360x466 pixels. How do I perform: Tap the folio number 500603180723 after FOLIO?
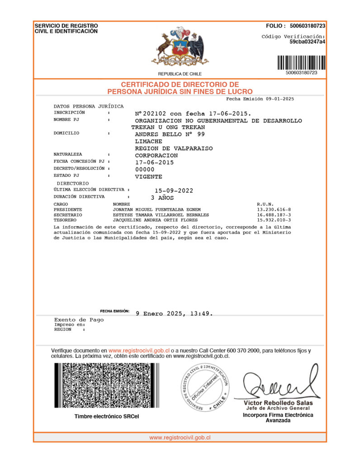click(x=308, y=26)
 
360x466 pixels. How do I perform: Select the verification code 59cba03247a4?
click(x=308, y=42)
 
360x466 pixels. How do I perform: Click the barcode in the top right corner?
click(x=301, y=62)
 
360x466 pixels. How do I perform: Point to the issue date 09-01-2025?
click(x=280, y=99)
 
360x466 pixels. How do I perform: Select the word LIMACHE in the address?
click(x=149, y=141)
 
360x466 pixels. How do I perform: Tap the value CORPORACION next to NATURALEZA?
click(x=156, y=155)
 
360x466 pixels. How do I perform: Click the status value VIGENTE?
click(x=148, y=176)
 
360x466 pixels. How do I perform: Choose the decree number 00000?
click(x=145, y=169)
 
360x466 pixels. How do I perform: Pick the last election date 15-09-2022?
click(x=174, y=190)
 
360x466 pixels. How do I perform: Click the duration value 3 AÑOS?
click(x=162, y=198)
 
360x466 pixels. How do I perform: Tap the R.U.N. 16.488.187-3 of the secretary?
click(x=274, y=215)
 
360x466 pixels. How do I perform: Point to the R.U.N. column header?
click(x=265, y=204)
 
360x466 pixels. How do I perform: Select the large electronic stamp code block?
click(x=107, y=387)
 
